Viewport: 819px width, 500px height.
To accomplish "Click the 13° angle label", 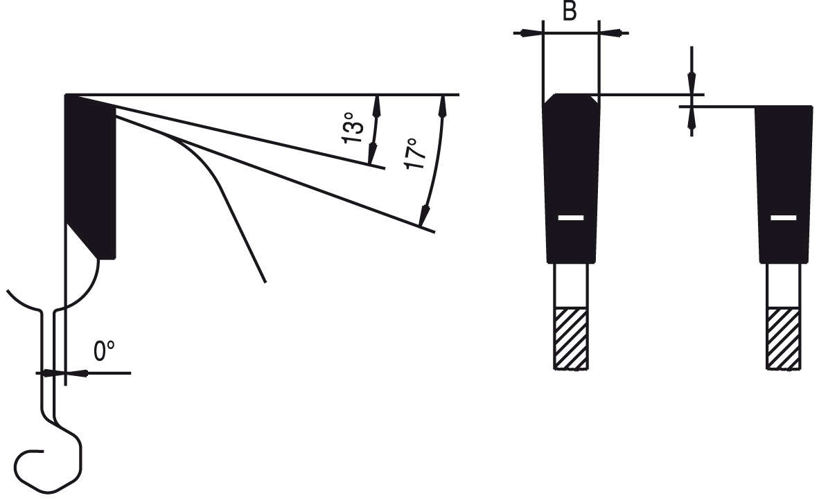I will pos(353,127).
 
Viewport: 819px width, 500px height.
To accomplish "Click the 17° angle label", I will pos(414,154).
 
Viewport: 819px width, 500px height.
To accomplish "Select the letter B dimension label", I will pos(569,12).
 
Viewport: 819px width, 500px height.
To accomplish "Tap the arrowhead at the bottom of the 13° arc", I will pos(372,156).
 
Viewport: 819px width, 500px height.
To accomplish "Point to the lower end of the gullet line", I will pos(264,280).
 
